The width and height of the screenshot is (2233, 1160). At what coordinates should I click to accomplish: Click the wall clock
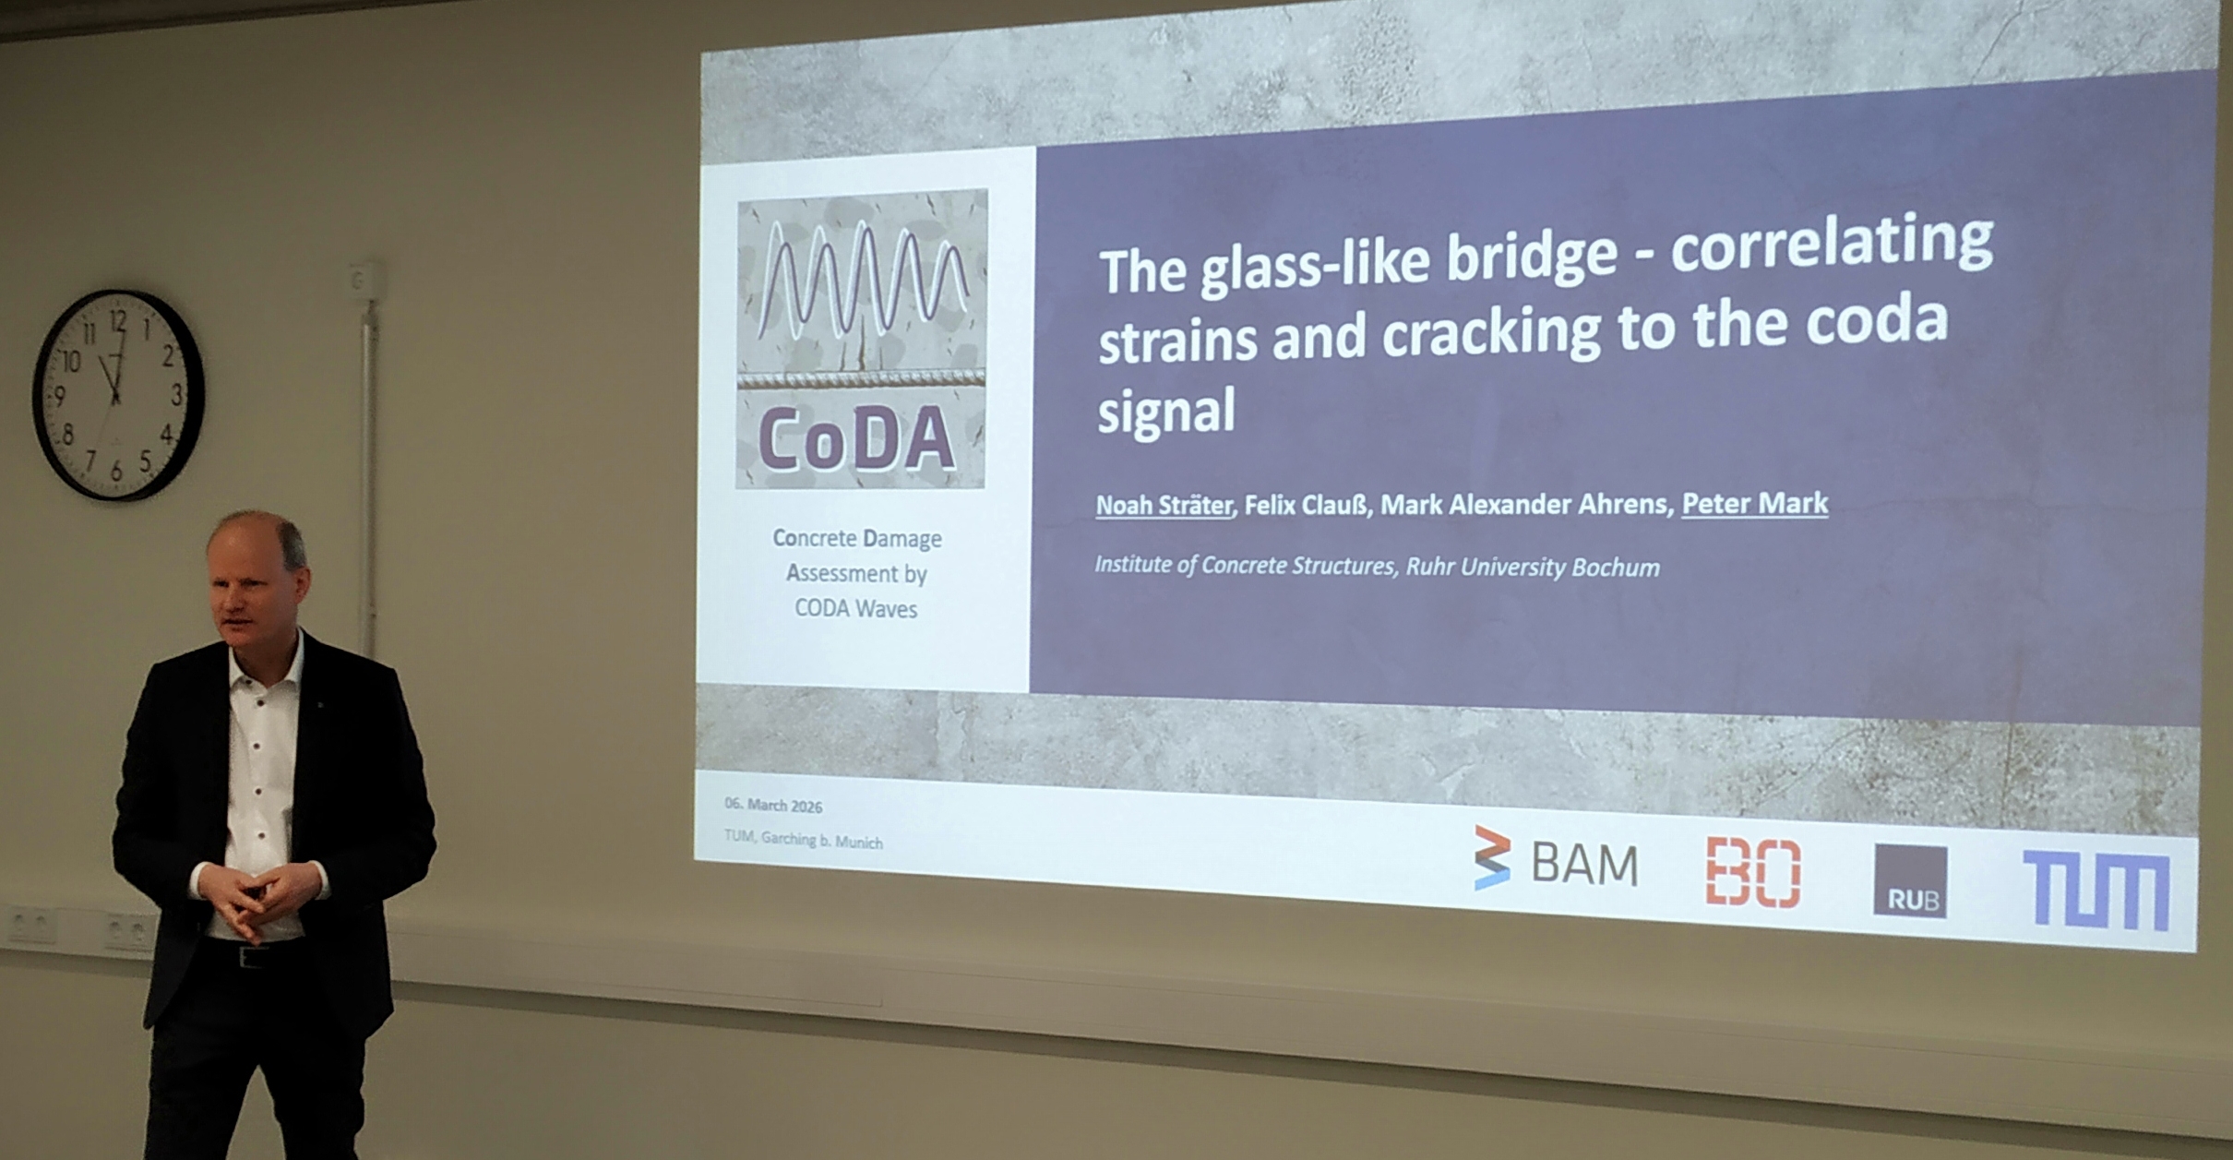tap(117, 396)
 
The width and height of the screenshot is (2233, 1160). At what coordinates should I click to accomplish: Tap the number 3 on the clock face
tap(176, 395)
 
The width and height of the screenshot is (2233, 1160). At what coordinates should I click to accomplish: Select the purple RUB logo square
tap(1910, 881)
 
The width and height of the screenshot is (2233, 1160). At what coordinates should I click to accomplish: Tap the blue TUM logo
tap(2096, 890)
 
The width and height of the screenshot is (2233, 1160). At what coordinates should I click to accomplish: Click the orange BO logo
tap(1753, 872)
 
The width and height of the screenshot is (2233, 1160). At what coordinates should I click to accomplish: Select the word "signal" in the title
tap(1166, 411)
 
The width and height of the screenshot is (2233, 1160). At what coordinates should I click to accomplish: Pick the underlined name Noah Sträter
tap(1164, 506)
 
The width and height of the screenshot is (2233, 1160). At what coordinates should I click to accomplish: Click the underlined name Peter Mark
tap(1754, 504)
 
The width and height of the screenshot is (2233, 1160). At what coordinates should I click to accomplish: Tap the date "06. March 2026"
tap(773, 805)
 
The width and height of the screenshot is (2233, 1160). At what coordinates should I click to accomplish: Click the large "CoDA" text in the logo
tap(857, 439)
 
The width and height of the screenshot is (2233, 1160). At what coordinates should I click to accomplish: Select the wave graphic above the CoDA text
tap(862, 278)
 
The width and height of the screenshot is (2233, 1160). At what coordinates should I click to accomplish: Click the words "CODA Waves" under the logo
tap(856, 609)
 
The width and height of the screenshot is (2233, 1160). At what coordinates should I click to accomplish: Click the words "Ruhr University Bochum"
tap(1533, 567)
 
